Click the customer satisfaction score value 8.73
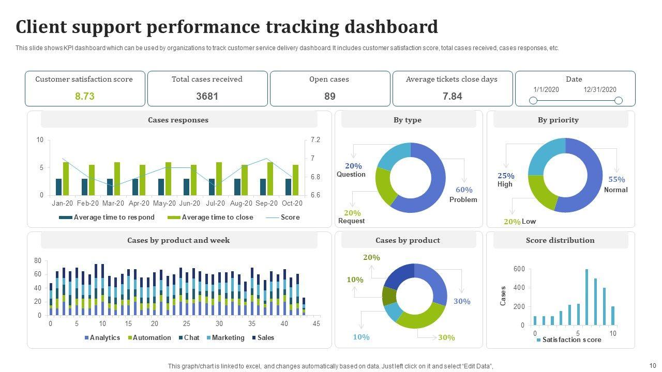(x=85, y=96)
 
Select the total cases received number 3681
(x=207, y=96)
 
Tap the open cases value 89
(x=330, y=96)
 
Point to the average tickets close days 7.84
(x=453, y=96)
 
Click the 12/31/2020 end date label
(x=600, y=89)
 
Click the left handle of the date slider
(x=533, y=100)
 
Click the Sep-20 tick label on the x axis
(x=267, y=204)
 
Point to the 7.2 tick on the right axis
(x=315, y=140)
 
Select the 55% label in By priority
(x=616, y=180)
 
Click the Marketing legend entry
(x=228, y=338)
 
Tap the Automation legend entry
(x=152, y=338)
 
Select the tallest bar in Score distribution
(x=586, y=297)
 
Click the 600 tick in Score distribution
(x=519, y=269)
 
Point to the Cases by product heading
(x=408, y=240)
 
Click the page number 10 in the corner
(x=652, y=365)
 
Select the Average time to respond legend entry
(x=114, y=218)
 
